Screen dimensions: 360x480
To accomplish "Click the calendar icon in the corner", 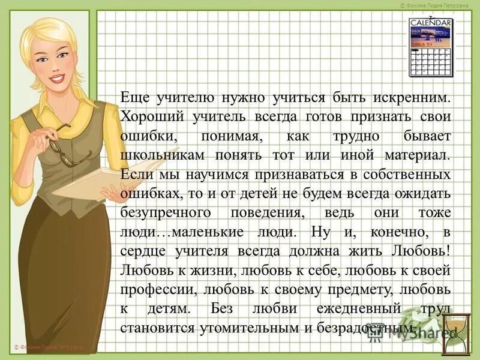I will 430,47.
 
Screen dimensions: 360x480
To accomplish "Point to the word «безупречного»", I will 164,213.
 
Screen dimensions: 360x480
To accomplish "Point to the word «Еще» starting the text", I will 133,97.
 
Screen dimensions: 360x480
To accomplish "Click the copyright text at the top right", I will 439,5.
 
